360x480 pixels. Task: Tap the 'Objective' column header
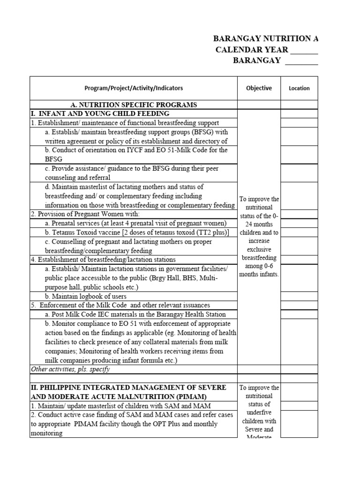[259, 88]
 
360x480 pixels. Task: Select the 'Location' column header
[299, 88]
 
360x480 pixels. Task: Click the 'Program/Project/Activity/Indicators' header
[134, 88]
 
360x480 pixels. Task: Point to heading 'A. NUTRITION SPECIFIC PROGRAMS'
[134, 105]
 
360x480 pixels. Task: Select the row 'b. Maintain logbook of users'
[85, 296]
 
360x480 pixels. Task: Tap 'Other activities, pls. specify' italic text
[70, 369]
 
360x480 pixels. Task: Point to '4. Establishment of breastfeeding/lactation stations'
[103, 259]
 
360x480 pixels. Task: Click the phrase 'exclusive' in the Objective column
[259, 249]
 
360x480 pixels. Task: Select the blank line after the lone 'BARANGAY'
[301, 61]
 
